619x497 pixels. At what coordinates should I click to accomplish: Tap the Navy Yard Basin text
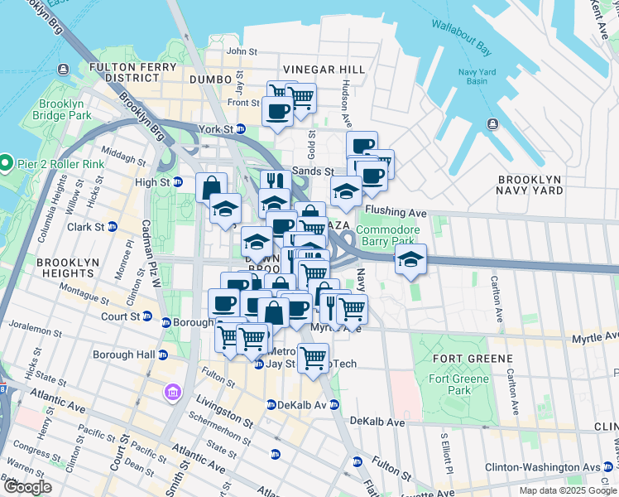478,76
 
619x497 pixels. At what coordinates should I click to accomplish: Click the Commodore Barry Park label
388,236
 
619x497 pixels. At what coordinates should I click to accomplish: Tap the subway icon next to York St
240,129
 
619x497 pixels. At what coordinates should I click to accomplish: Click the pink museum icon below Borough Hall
172,391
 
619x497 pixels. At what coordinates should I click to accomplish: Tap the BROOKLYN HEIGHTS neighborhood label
65,268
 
